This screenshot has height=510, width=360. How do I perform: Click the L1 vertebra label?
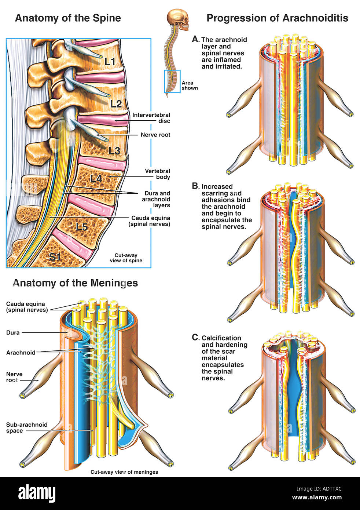tap(110, 61)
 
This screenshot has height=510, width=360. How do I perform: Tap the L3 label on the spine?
tap(114, 150)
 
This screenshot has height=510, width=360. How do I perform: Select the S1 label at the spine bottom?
tap(55, 257)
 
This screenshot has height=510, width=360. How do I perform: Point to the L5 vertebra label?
tap(81, 227)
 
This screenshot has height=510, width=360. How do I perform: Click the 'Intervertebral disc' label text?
tap(151, 118)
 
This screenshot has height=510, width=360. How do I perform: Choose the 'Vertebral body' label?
tap(157, 174)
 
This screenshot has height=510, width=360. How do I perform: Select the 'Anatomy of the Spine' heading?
tap(68, 18)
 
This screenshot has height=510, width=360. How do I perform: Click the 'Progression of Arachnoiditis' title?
tap(277, 18)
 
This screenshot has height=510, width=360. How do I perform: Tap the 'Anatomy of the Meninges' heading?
tap(76, 283)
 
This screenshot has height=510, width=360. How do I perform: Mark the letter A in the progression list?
tap(195, 39)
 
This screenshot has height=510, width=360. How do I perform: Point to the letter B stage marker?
tap(195, 186)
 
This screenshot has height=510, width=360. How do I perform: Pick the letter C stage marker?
tap(195, 337)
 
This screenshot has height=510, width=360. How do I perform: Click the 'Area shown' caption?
tap(190, 85)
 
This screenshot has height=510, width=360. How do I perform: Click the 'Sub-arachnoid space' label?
tap(27, 427)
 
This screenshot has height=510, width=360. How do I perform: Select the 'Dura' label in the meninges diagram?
tap(13, 332)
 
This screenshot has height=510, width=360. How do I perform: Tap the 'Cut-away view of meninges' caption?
tap(124, 472)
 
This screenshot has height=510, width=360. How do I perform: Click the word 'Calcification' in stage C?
tap(221, 338)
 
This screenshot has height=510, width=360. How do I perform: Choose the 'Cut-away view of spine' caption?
tap(126, 258)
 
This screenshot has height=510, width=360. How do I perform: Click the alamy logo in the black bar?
tap(37, 493)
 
